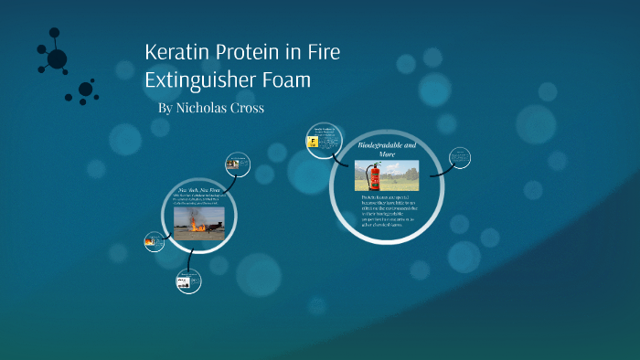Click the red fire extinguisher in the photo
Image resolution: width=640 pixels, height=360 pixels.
(x=374, y=175)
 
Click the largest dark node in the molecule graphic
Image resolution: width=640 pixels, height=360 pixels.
(x=57, y=59)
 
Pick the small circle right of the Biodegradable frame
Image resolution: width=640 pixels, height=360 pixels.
(x=461, y=157)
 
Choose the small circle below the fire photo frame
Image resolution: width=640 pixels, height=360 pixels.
(x=188, y=281)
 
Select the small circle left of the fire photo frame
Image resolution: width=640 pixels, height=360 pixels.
(x=154, y=242)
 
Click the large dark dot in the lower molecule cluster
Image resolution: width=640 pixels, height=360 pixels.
(x=85, y=90)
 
